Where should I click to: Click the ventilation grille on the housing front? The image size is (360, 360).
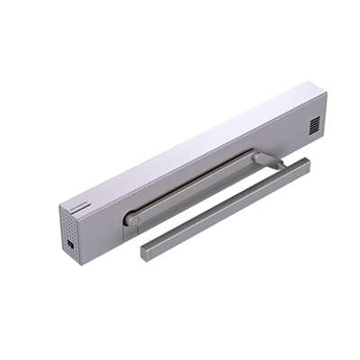(313, 125)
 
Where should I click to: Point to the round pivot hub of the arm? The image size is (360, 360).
(132, 218)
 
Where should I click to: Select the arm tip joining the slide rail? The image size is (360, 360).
(262, 158)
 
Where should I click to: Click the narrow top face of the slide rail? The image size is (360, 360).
(225, 202)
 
